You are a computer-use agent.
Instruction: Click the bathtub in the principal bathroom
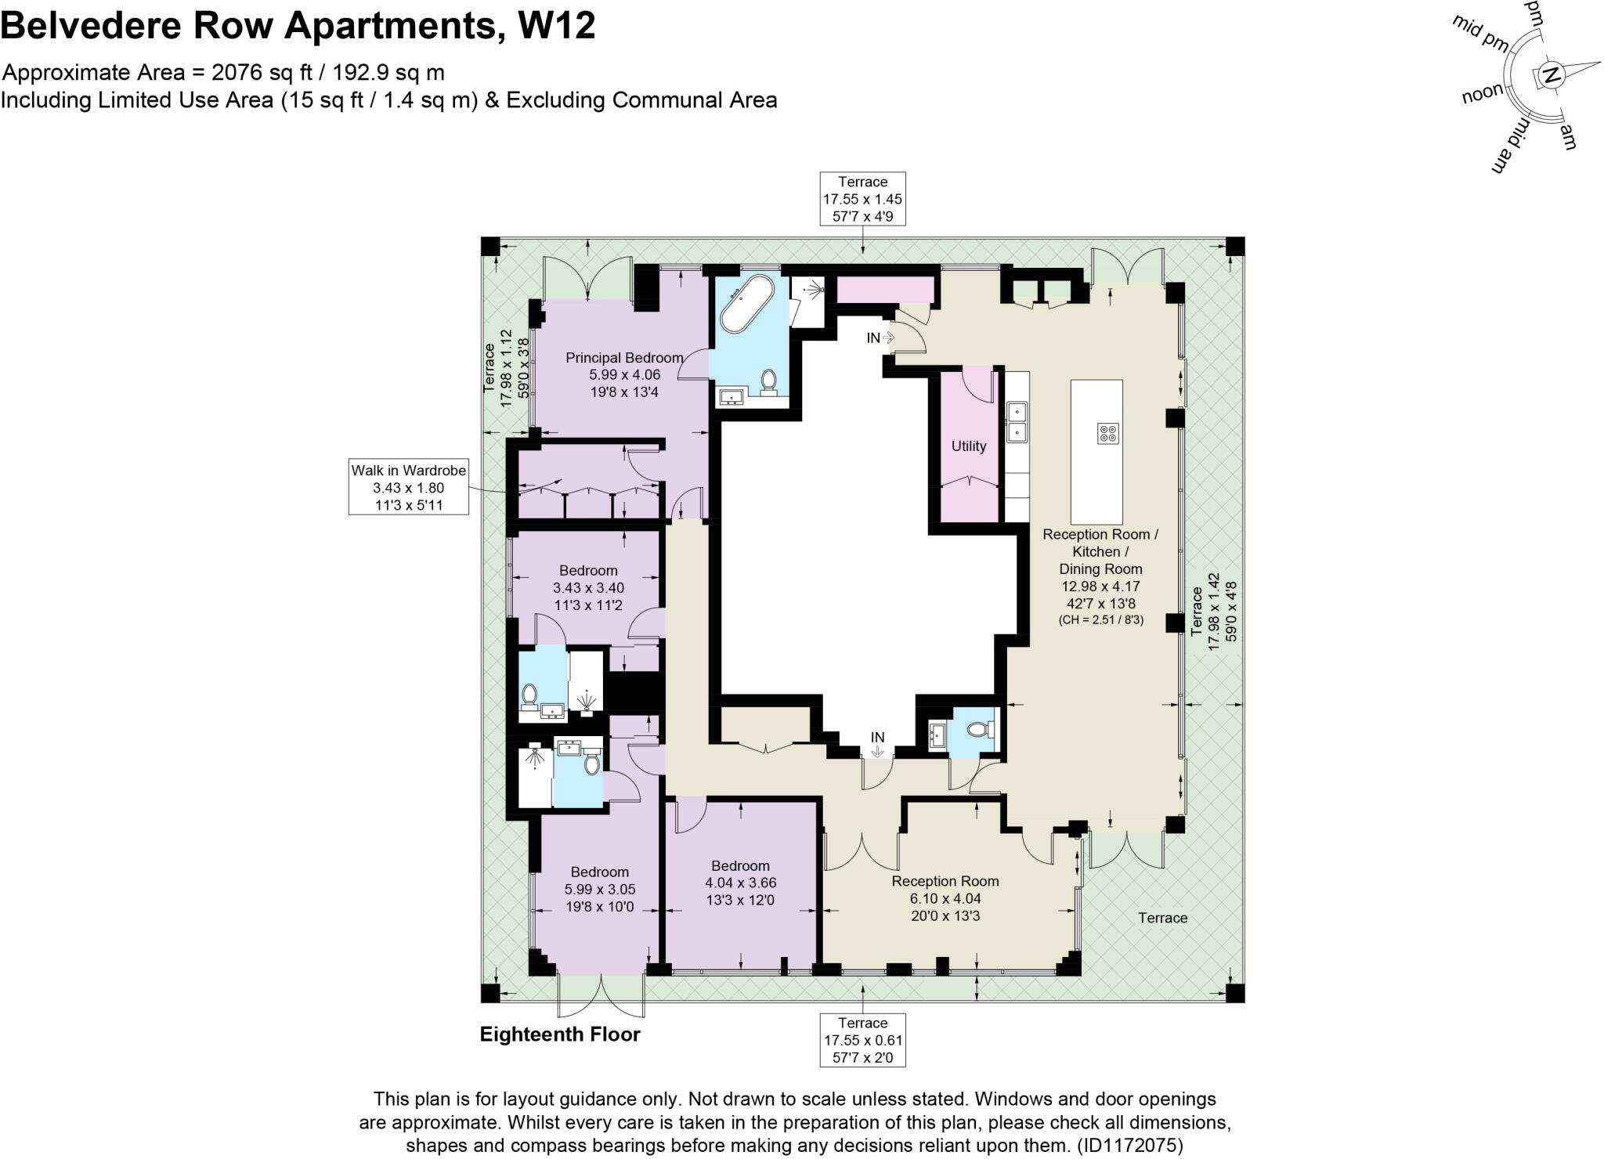coord(746,304)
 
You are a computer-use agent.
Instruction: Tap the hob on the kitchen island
coord(1107,433)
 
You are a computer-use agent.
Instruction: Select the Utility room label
coord(968,446)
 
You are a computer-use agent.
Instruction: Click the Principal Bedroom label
coord(624,358)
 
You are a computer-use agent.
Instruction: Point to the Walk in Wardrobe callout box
coord(408,487)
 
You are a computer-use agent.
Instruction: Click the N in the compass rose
coord(1550,76)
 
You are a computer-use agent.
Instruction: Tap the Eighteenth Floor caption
coord(559,1034)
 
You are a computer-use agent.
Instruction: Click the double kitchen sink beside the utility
coord(1017,421)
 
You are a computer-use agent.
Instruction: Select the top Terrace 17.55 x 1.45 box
coord(862,199)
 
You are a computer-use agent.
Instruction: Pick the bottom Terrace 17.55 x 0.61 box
coord(862,1040)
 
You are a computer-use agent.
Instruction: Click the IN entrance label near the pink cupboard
coord(873,338)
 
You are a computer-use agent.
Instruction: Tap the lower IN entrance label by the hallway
coord(877,738)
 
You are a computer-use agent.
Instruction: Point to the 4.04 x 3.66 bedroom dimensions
coord(740,883)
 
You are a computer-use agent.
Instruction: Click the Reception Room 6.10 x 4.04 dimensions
coord(945,898)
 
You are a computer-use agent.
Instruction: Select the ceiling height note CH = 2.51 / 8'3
coord(1100,619)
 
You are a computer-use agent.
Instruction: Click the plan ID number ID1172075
coord(1129,1146)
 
